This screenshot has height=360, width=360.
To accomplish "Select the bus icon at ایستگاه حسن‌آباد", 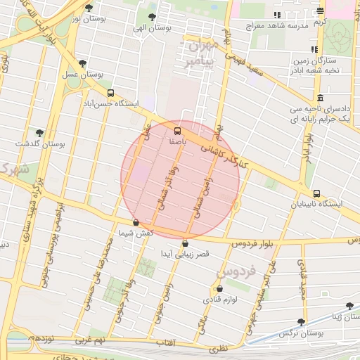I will (110, 93).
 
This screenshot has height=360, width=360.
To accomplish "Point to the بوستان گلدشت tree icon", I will (40, 131).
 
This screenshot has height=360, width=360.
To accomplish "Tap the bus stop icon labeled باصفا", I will (176, 131).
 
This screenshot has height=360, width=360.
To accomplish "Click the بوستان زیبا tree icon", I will (350, 306).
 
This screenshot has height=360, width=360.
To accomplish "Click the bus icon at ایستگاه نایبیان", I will (316, 193).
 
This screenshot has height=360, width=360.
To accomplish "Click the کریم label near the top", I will (321, 22).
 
